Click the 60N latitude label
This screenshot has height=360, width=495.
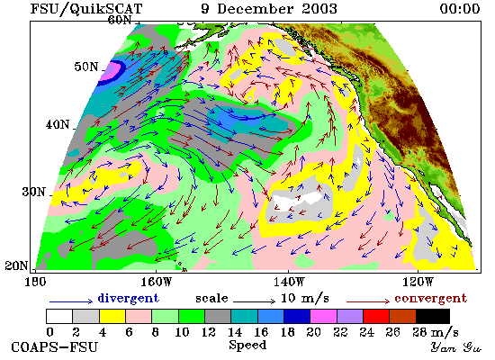coord(120,20)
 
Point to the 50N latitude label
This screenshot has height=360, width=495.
coord(86,67)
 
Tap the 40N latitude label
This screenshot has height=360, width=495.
coord(58,124)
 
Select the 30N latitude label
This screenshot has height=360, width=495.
coord(34,192)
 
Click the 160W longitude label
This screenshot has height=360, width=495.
coord(156,282)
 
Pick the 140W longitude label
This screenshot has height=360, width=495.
coord(289,282)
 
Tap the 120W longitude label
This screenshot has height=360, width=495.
coord(418,282)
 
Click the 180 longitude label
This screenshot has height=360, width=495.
coord(35,282)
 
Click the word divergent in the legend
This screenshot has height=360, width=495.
coord(129,298)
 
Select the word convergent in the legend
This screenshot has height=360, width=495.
coord(430,298)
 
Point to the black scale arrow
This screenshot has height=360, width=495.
coord(254,301)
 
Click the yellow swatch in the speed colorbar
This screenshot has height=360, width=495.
coord(112,317)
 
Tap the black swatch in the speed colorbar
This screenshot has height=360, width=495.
coord(433,317)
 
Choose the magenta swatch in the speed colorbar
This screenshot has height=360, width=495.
coord(324,317)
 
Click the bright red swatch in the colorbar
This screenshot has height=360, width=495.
coord(376,317)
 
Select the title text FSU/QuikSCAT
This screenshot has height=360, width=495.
coord(86,8)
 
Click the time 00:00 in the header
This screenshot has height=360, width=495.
coord(460,8)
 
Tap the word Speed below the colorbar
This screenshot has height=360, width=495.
coord(247,345)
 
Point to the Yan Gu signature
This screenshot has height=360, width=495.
coord(456,347)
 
